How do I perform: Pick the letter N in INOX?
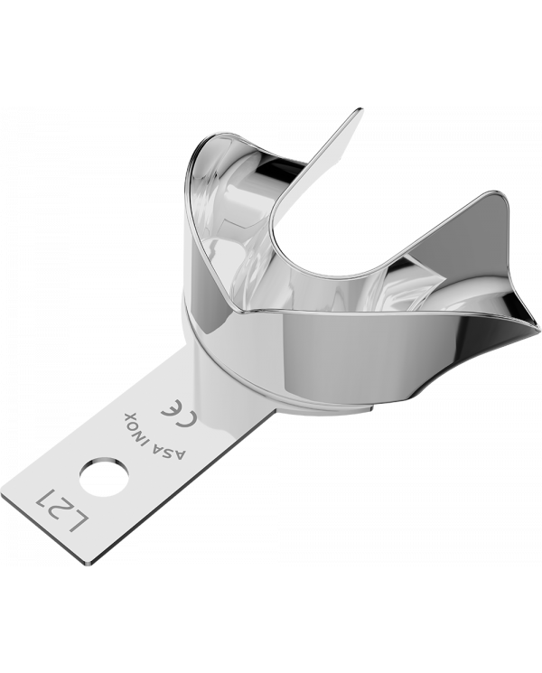click(145, 427)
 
